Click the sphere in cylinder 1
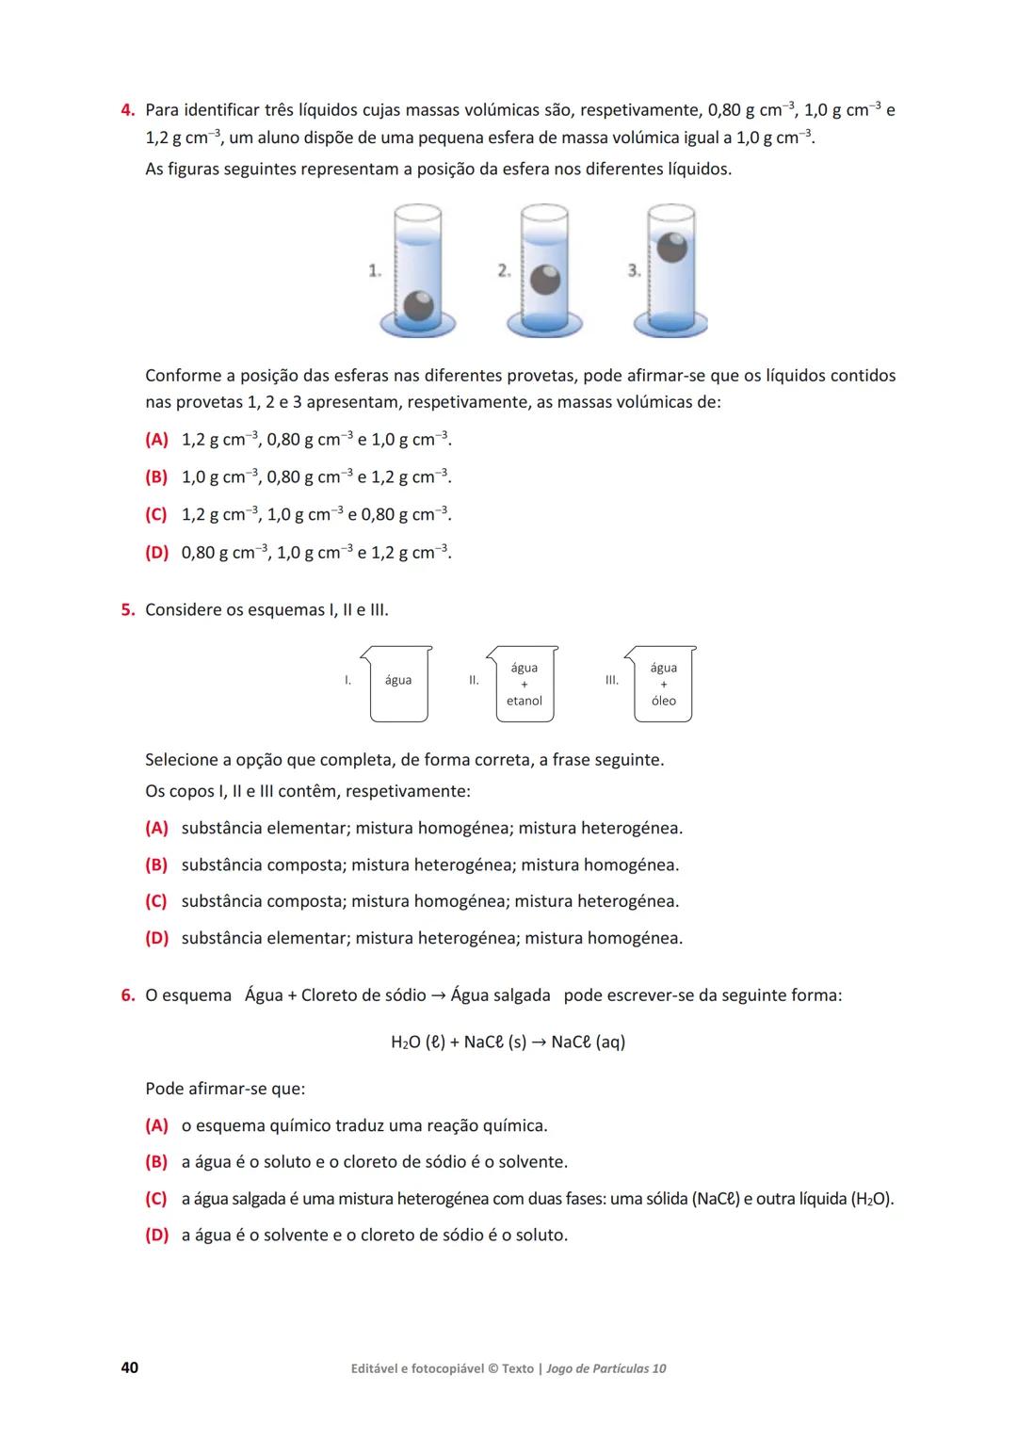(x=418, y=305)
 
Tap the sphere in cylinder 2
(x=545, y=280)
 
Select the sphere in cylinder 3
(x=671, y=248)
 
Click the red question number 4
(x=128, y=110)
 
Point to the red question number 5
(x=128, y=609)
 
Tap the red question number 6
(x=128, y=995)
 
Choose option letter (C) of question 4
(x=156, y=514)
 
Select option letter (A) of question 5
(x=156, y=828)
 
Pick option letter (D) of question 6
(x=156, y=1235)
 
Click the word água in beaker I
(x=398, y=680)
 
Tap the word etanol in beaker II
(x=525, y=701)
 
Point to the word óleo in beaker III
(x=664, y=701)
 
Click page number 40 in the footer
(x=130, y=1367)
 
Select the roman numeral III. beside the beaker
(x=612, y=680)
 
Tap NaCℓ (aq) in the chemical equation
(x=589, y=1042)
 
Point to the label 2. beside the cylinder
(x=505, y=271)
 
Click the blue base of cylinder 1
(x=418, y=327)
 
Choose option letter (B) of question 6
(x=156, y=1162)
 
